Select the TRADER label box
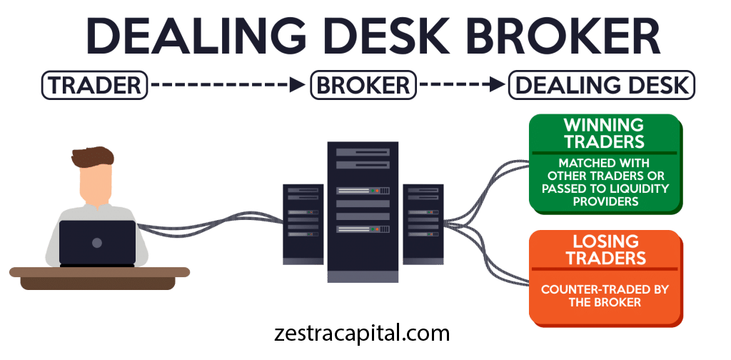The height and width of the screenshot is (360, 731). [95, 86]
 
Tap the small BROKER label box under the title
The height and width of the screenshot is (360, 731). [363, 86]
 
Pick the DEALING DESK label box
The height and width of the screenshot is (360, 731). [602, 86]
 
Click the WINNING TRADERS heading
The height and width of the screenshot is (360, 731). [605, 133]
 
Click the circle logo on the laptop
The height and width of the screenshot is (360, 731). [97, 243]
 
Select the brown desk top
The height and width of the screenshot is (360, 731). [100, 272]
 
